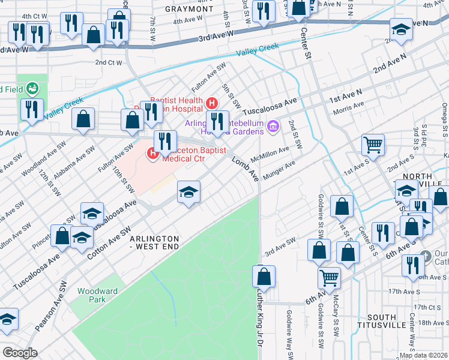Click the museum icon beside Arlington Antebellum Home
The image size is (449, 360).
[273, 127]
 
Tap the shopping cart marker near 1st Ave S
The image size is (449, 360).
[373, 145]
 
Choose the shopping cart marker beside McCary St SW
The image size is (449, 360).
[330, 278]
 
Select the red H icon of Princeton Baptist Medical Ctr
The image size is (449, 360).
[152, 154]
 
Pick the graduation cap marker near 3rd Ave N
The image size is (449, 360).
[401, 29]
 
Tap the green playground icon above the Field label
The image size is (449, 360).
[33, 89]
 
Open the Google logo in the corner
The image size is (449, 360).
[19, 353]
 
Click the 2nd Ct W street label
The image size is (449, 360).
[108, 62]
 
